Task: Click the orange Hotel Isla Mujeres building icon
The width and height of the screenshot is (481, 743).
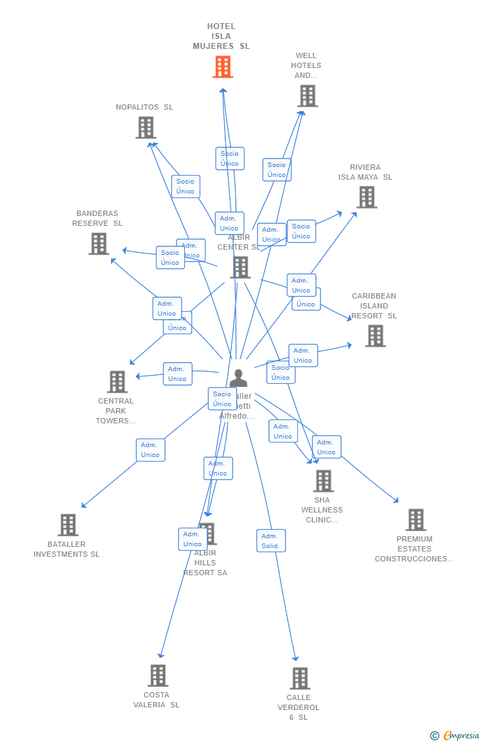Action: [x=223, y=67]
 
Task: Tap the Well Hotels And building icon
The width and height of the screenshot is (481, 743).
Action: [x=307, y=96]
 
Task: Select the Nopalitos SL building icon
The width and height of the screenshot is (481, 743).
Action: [x=145, y=127]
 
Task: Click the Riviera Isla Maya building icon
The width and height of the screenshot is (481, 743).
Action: [x=367, y=197]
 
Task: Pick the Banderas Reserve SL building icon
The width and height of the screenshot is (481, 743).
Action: [x=98, y=244]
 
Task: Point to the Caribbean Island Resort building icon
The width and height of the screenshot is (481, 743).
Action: [x=375, y=336]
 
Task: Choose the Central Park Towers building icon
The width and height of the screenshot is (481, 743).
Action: [x=117, y=382]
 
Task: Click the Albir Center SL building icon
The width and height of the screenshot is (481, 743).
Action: [x=240, y=267]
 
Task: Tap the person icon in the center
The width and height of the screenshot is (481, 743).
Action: [x=238, y=378]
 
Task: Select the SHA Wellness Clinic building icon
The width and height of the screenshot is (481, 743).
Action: [x=323, y=481]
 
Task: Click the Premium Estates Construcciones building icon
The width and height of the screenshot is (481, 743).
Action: [x=416, y=520]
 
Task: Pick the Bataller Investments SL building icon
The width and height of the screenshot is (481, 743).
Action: [x=68, y=525]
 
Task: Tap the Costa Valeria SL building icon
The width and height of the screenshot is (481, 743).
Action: [x=158, y=676]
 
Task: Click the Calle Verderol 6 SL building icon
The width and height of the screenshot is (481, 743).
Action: [x=300, y=678]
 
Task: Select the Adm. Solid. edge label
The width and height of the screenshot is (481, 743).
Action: [x=271, y=541]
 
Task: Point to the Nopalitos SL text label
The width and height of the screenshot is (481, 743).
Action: [x=144, y=107]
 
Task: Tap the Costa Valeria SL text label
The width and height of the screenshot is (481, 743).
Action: [x=157, y=700]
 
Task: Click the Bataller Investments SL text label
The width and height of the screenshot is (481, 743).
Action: [x=67, y=549]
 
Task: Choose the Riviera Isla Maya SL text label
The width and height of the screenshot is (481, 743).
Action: [x=365, y=172]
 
